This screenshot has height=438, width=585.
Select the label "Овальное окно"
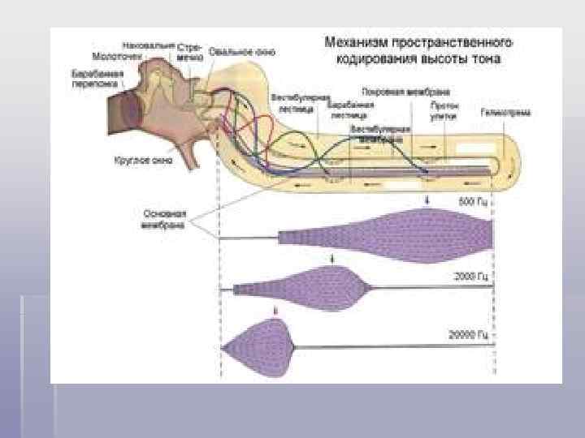(235, 50)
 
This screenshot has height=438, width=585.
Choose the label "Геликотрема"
(505, 112)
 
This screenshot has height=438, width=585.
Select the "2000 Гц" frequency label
(470, 277)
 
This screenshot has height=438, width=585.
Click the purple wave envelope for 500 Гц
(406, 235)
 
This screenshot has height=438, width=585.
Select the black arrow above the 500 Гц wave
(427, 200)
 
